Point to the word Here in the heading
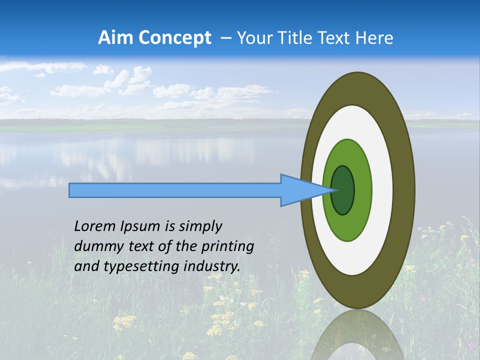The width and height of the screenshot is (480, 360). [x=374, y=38]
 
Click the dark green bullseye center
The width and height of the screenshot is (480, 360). [x=342, y=190]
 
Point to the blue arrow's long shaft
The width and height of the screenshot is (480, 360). [x=175, y=190]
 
